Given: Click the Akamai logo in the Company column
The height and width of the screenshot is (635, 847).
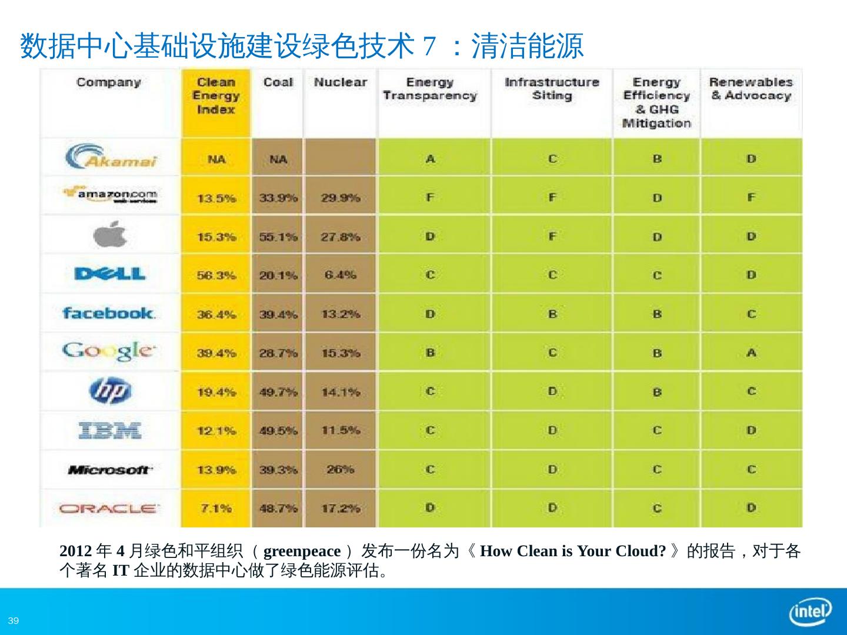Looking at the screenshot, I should (x=111, y=158).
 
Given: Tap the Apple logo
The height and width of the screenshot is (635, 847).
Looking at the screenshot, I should (x=110, y=235).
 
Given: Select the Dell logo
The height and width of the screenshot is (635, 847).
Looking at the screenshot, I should (x=110, y=274).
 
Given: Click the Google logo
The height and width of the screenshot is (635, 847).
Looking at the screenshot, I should (x=109, y=352).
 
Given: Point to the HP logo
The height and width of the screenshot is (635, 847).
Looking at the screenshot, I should (x=110, y=391).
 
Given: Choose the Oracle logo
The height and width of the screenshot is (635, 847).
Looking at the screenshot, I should (x=109, y=508).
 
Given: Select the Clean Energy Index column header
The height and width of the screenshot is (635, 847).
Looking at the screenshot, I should (x=216, y=96).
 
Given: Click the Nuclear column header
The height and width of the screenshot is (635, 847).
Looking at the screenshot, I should (x=340, y=82).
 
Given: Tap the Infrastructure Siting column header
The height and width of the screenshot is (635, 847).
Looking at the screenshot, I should (x=552, y=89).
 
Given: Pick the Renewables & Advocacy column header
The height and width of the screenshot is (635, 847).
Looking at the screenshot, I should (x=751, y=89).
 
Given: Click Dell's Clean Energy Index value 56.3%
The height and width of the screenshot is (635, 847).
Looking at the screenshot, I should (x=216, y=275).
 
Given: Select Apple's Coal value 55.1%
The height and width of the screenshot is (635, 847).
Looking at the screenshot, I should (x=278, y=236).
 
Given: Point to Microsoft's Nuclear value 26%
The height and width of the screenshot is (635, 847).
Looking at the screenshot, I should (x=340, y=469).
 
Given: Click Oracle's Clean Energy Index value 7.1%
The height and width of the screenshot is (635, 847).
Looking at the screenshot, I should (x=216, y=508).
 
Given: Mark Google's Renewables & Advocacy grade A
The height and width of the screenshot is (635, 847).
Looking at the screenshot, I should (x=751, y=353).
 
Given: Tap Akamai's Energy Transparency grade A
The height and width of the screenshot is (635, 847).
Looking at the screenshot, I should (x=431, y=159).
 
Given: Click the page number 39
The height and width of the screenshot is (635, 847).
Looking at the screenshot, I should (x=14, y=621).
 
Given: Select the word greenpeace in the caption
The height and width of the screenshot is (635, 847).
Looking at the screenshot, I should (x=302, y=552).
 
